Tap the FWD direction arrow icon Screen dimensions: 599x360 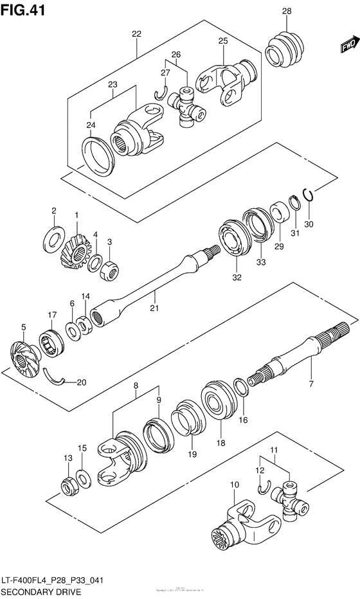pos(348,46)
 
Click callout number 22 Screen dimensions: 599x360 pos(136,34)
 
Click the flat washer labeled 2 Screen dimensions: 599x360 pos(53,239)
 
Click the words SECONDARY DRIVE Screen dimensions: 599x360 pos(40,592)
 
